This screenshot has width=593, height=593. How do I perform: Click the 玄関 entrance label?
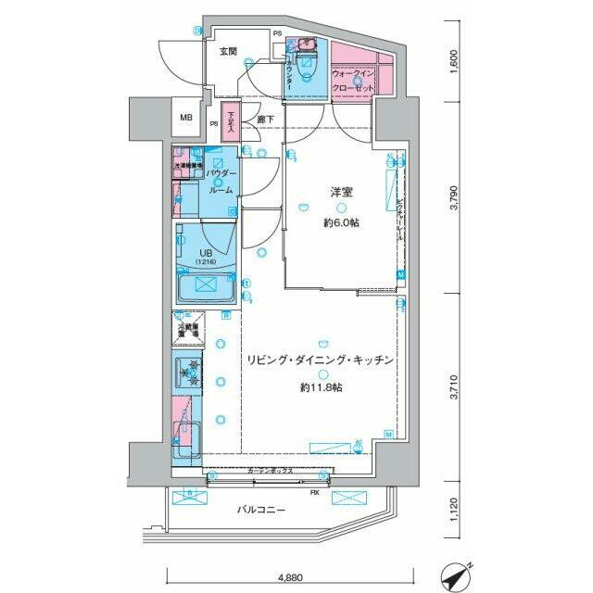pyautogui.click(x=229, y=52)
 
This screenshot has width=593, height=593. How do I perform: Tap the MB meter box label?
pyautogui.click(x=186, y=118)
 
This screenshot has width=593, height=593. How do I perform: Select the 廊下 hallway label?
pyautogui.click(x=266, y=118)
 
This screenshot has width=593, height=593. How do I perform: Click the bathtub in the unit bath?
pyautogui.click(x=207, y=288)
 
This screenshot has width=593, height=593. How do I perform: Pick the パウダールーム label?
pyautogui.click(x=221, y=182)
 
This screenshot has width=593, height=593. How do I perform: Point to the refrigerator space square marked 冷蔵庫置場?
pyautogui.click(x=189, y=329)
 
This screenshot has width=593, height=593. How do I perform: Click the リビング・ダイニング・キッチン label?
pyautogui.click(x=321, y=359)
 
